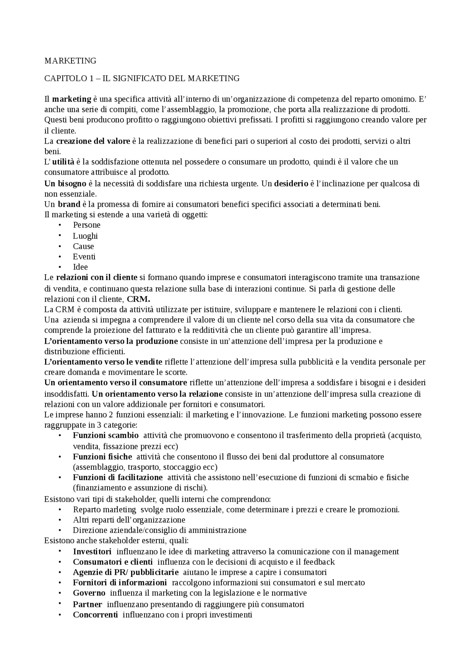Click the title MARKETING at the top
[x=70, y=60]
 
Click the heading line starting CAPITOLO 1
[x=142, y=78]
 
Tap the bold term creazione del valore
[x=93, y=141]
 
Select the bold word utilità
[x=63, y=162]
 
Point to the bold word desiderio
[x=291, y=183]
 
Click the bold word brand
[x=69, y=204]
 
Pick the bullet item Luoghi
[x=85, y=236]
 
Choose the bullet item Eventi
[x=84, y=257]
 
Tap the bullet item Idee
[x=80, y=267]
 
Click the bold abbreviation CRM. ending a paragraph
[x=138, y=299]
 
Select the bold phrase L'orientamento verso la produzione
[x=111, y=341]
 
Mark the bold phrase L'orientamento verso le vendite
[x=103, y=362]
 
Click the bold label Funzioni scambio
[x=106, y=435]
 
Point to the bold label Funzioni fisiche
[x=102, y=456]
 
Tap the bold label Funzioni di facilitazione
[x=118, y=477]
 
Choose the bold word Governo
[x=89, y=593]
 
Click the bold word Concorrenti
[x=96, y=615]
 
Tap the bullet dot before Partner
[x=59, y=604]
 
